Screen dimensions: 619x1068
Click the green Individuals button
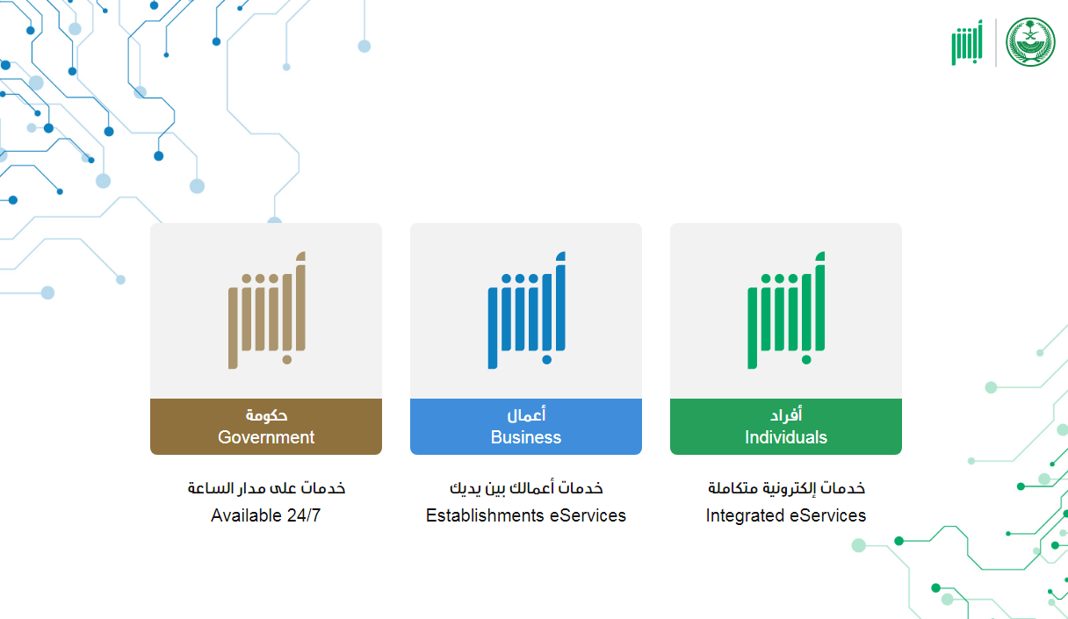[x=785, y=427]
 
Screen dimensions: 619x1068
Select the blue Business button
[x=525, y=427]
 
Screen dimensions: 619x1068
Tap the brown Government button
[x=265, y=427]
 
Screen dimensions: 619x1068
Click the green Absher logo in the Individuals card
[x=786, y=311]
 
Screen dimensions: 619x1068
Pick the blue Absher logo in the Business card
[x=526, y=311]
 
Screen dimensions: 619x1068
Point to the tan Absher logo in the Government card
[x=266, y=311]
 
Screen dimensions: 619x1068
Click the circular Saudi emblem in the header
[x=1030, y=42]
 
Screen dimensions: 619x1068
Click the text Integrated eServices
[x=786, y=515]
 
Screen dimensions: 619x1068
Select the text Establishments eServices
[x=526, y=515]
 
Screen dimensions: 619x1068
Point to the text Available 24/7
[x=266, y=515]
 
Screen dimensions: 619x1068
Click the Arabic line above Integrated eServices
[x=786, y=488]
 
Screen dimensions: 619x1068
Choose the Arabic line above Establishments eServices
[x=526, y=488]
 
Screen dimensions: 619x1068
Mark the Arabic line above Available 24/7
[x=266, y=488]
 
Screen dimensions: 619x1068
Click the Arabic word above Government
[x=266, y=415]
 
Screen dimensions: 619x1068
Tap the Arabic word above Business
[x=526, y=415]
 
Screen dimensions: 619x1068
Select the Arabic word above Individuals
[x=786, y=415]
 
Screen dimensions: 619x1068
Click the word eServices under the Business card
[x=588, y=515]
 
